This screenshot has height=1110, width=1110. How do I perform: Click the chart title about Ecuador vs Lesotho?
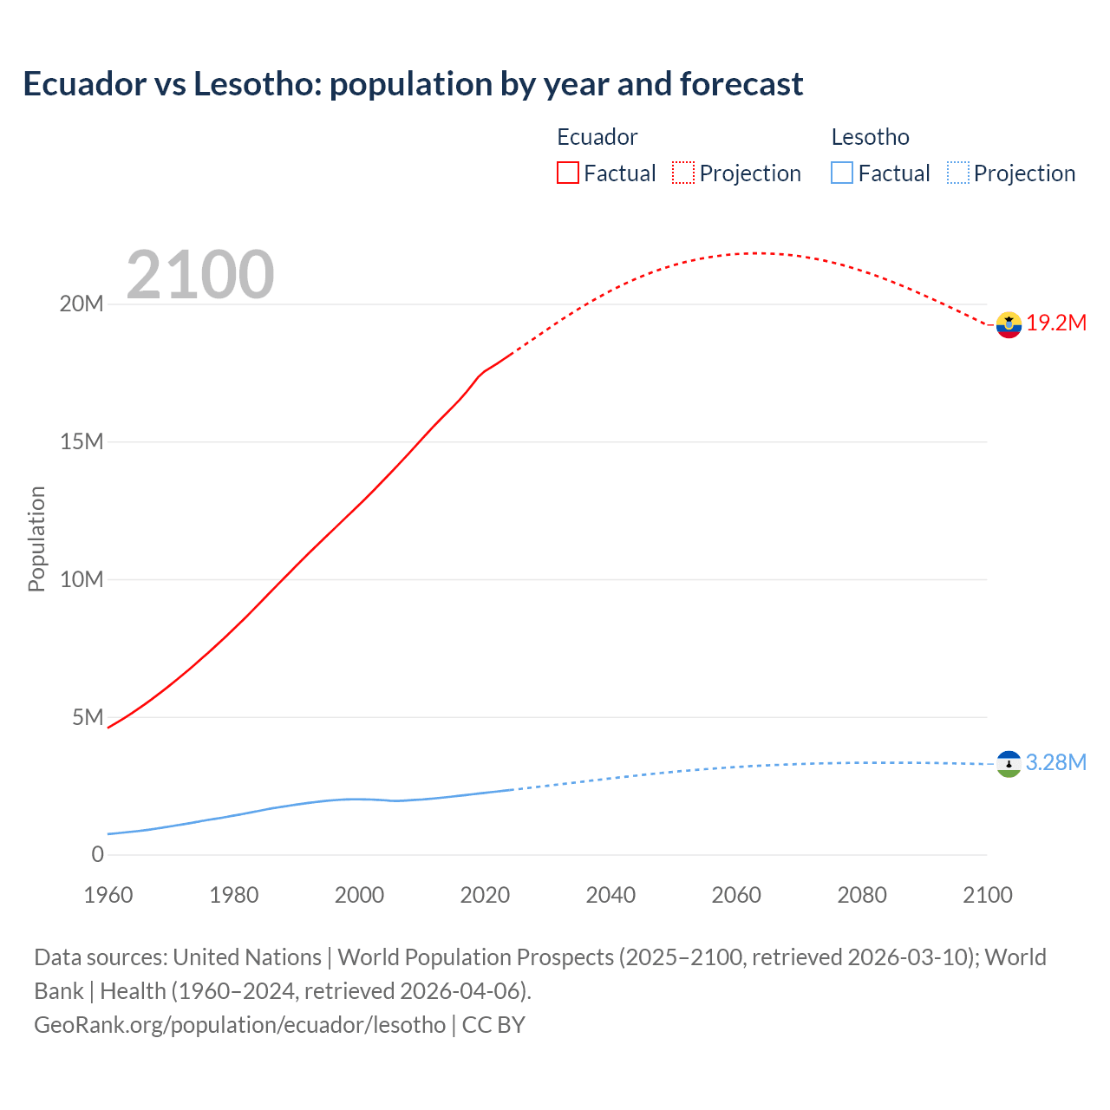coord(413,84)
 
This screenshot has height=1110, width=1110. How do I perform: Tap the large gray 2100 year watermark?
coord(200,275)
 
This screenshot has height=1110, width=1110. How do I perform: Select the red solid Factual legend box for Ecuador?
coord(567,173)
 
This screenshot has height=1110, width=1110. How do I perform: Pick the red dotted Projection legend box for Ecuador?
coord(683,173)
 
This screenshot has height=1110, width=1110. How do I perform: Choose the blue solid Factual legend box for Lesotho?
coord(841,173)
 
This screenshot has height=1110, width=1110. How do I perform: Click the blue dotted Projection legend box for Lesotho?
coord(957,173)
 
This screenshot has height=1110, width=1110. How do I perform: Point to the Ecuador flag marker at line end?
coord(1009,324)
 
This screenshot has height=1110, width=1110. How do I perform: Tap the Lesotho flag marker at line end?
coord(1009,763)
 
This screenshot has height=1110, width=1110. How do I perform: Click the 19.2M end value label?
coord(1056,323)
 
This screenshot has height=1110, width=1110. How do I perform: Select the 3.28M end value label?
coord(1056,762)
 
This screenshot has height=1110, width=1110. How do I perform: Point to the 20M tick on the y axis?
coord(82,304)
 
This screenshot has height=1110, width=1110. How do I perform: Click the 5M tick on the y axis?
coord(88,717)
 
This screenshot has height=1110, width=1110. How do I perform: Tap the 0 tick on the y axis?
coord(97,854)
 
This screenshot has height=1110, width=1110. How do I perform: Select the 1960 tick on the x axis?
coord(108,895)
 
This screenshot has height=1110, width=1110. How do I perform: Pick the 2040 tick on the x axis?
coord(610,895)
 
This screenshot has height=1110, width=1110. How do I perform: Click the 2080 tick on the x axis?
coord(862,895)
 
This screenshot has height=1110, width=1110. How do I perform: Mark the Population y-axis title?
coord(36,539)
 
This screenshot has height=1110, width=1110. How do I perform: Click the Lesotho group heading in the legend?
coord(870,137)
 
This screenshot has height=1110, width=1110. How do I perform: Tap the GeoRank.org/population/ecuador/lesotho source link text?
coord(239,1025)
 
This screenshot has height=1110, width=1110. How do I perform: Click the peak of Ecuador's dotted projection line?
coord(757,253)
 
